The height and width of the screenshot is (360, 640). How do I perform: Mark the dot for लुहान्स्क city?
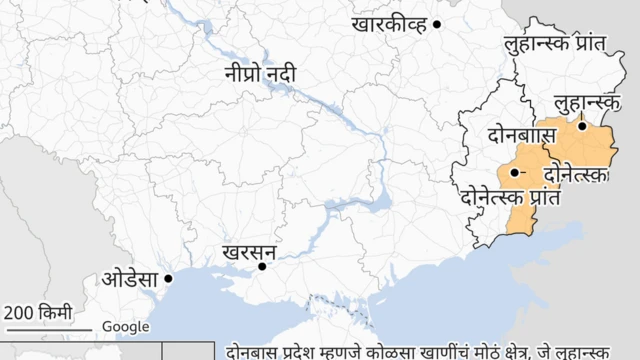581,126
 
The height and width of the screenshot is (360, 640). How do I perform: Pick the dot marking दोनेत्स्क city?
514,173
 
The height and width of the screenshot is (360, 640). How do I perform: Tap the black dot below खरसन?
263,266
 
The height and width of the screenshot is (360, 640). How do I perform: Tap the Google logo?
126,327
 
